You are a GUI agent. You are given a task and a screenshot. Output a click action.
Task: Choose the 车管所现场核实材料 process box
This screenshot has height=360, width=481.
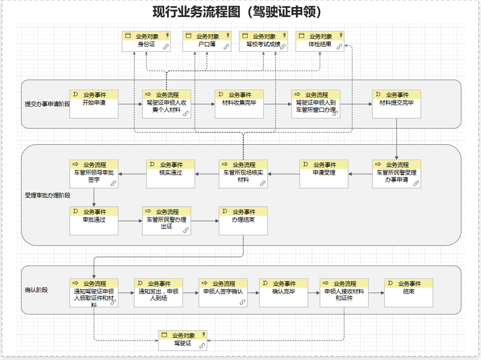[x=243, y=174]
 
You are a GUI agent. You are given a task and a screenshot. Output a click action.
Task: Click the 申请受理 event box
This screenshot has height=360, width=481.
[x=324, y=174]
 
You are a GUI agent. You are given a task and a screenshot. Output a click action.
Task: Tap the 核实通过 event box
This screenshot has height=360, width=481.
[x=170, y=174]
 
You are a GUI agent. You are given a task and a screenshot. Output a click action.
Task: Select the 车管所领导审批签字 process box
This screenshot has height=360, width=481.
[x=94, y=174]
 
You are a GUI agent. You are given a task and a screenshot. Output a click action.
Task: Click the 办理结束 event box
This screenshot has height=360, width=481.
[x=243, y=221]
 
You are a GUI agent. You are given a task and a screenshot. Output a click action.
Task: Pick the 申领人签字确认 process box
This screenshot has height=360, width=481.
[x=223, y=293]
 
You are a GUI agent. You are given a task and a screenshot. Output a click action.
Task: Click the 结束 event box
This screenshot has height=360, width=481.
[x=408, y=293]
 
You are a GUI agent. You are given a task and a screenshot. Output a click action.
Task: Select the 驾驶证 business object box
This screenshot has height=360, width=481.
[x=182, y=340]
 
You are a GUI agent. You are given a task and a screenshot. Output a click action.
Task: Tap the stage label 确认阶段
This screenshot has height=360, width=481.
[x=36, y=290]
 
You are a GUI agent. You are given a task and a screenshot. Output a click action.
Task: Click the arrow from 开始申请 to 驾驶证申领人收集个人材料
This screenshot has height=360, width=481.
[x=130, y=104]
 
